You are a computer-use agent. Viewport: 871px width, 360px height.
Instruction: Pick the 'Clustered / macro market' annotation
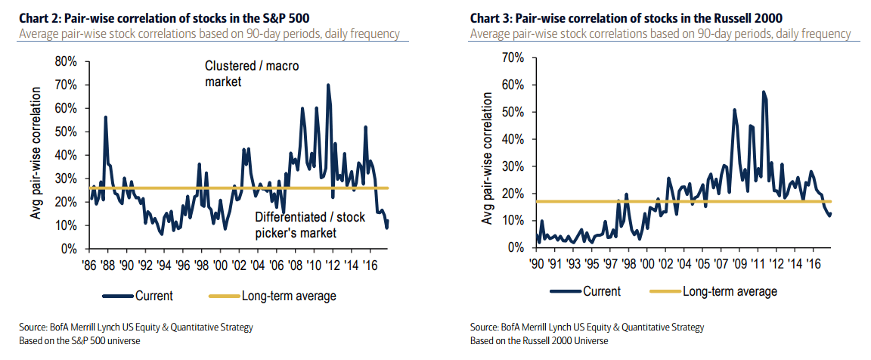point(252,73)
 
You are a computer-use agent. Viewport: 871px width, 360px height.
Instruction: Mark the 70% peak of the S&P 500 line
point(327,85)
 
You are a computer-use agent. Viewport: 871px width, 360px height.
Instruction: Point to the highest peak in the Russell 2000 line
point(764,92)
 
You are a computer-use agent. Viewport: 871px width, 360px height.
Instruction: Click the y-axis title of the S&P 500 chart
point(36,154)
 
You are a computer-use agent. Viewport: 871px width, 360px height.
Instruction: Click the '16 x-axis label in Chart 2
point(370,265)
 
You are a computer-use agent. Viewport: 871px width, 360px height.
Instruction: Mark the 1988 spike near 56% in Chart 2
point(105,117)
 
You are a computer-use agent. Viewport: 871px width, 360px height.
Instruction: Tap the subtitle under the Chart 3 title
point(660,34)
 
